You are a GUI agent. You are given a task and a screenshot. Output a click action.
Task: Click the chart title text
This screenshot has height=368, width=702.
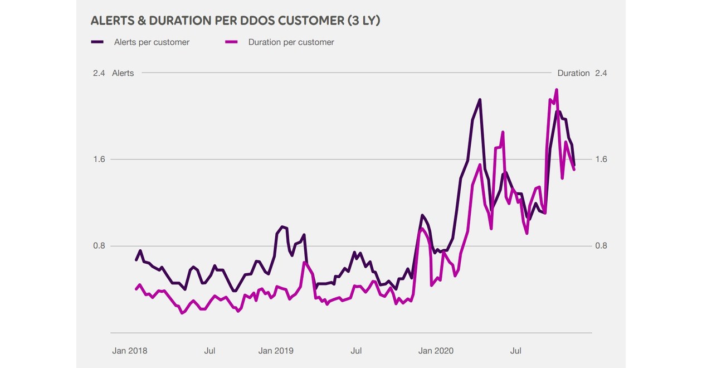[235, 21]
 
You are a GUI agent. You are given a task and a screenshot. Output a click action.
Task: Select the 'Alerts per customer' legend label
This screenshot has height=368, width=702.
[152, 42]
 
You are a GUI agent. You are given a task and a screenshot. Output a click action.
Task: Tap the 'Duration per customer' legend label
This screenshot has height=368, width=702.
[291, 42]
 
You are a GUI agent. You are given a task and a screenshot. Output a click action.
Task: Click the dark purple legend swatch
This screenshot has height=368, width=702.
[97, 42]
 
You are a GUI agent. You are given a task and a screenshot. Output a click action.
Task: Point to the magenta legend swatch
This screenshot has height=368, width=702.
[231, 42]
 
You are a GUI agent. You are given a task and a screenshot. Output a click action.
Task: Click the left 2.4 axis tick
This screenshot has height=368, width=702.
[99, 73]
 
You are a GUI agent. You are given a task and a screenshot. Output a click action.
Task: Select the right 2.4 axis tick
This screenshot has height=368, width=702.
[601, 73]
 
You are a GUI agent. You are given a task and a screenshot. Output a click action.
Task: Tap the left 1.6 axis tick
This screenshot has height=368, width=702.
[99, 159]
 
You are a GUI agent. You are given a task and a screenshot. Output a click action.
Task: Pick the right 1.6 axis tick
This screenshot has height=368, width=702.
[601, 159]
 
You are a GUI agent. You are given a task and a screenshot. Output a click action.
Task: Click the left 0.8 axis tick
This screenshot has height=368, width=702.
[99, 246]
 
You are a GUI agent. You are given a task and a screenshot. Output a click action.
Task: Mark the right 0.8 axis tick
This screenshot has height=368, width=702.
[601, 246]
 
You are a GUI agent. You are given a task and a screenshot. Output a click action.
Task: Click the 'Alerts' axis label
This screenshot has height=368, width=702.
[123, 73]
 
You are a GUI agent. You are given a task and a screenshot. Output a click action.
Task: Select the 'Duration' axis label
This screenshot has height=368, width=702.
[573, 73]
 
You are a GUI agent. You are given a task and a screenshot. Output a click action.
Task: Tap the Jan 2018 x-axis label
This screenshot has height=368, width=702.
[130, 351]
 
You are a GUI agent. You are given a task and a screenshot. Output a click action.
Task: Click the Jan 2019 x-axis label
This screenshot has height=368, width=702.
[276, 351]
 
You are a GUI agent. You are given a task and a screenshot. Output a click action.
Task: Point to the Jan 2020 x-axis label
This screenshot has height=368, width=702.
[436, 351]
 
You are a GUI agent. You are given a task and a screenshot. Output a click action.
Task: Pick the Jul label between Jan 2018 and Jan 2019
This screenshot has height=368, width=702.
[209, 351]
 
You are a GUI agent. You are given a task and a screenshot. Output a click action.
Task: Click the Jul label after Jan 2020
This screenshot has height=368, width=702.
[516, 351]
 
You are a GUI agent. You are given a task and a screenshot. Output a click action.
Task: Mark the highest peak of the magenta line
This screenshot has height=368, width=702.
[556, 90]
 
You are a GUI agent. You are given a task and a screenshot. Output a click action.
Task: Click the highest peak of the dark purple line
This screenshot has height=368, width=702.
[480, 100]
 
